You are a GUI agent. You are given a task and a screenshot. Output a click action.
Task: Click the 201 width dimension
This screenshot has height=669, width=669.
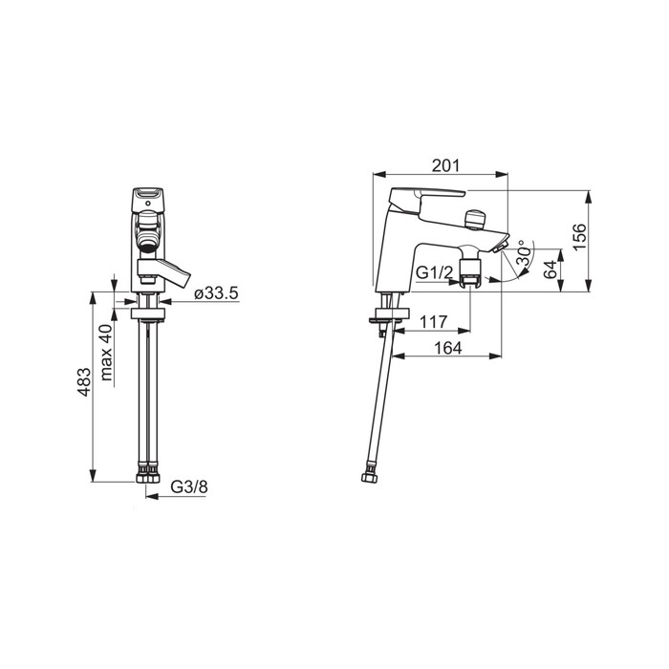(x=446, y=165)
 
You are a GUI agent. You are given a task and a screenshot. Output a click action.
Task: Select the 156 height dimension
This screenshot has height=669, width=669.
(x=580, y=237)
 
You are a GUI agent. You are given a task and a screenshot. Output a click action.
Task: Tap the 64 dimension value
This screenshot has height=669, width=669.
(x=550, y=270)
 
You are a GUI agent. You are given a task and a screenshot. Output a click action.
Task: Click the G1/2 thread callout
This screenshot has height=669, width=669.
(x=434, y=272)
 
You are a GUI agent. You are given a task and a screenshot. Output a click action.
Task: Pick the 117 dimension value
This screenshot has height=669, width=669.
(x=433, y=322)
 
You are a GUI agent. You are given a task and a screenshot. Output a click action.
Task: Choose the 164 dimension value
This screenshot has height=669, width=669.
(x=448, y=348)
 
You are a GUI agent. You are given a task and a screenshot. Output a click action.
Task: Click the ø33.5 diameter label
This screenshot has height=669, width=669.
(x=216, y=293)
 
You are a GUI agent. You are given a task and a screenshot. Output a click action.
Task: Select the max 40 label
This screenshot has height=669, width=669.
(x=106, y=352)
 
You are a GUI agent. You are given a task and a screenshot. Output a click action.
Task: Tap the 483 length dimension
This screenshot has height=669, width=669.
(x=84, y=382)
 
